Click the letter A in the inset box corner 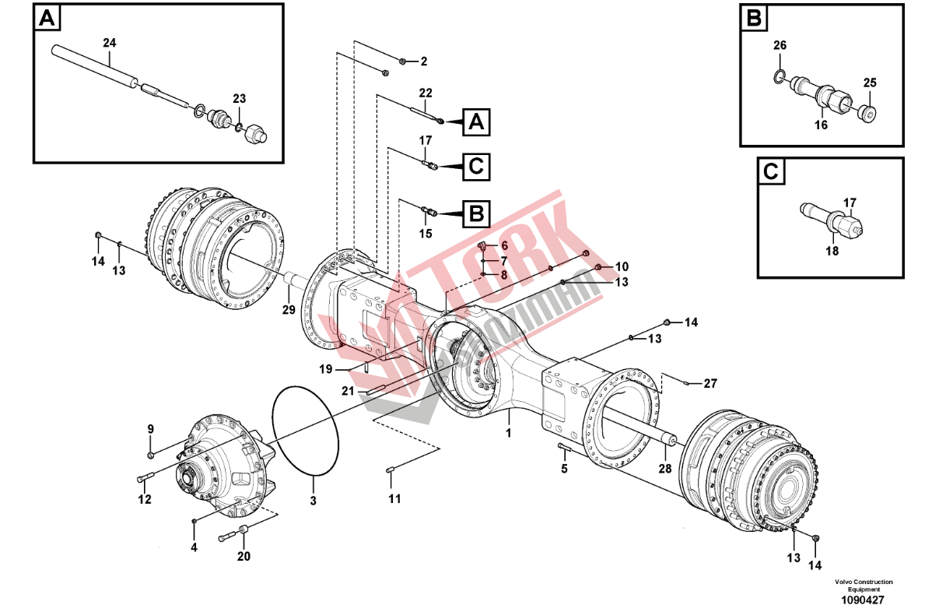[47, 19]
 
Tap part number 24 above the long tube [110, 43]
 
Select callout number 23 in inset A [240, 99]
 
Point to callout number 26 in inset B [780, 45]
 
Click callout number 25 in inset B [870, 83]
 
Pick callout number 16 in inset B [822, 125]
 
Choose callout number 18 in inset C [832, 251]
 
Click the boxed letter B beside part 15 [476, 213]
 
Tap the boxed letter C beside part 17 [476, 167]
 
